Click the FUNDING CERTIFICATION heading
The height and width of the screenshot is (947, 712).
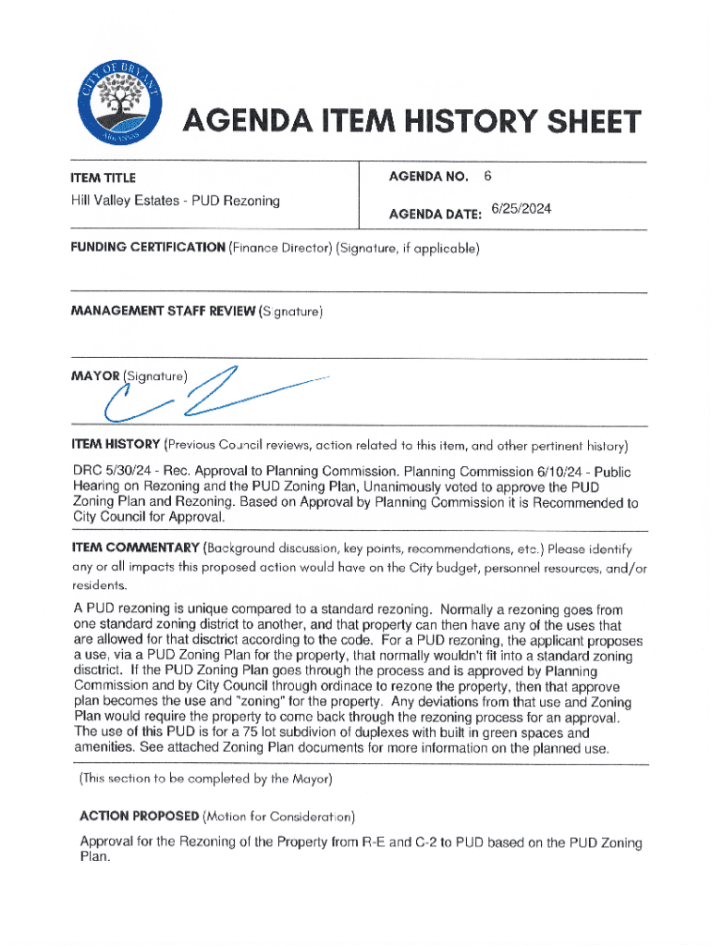[x=149, y=248]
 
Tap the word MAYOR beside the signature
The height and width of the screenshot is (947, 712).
[x=95, y=376]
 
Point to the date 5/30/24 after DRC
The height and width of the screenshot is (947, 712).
[x=130, y=471]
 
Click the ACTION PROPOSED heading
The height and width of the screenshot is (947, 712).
[x=140, y=818]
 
